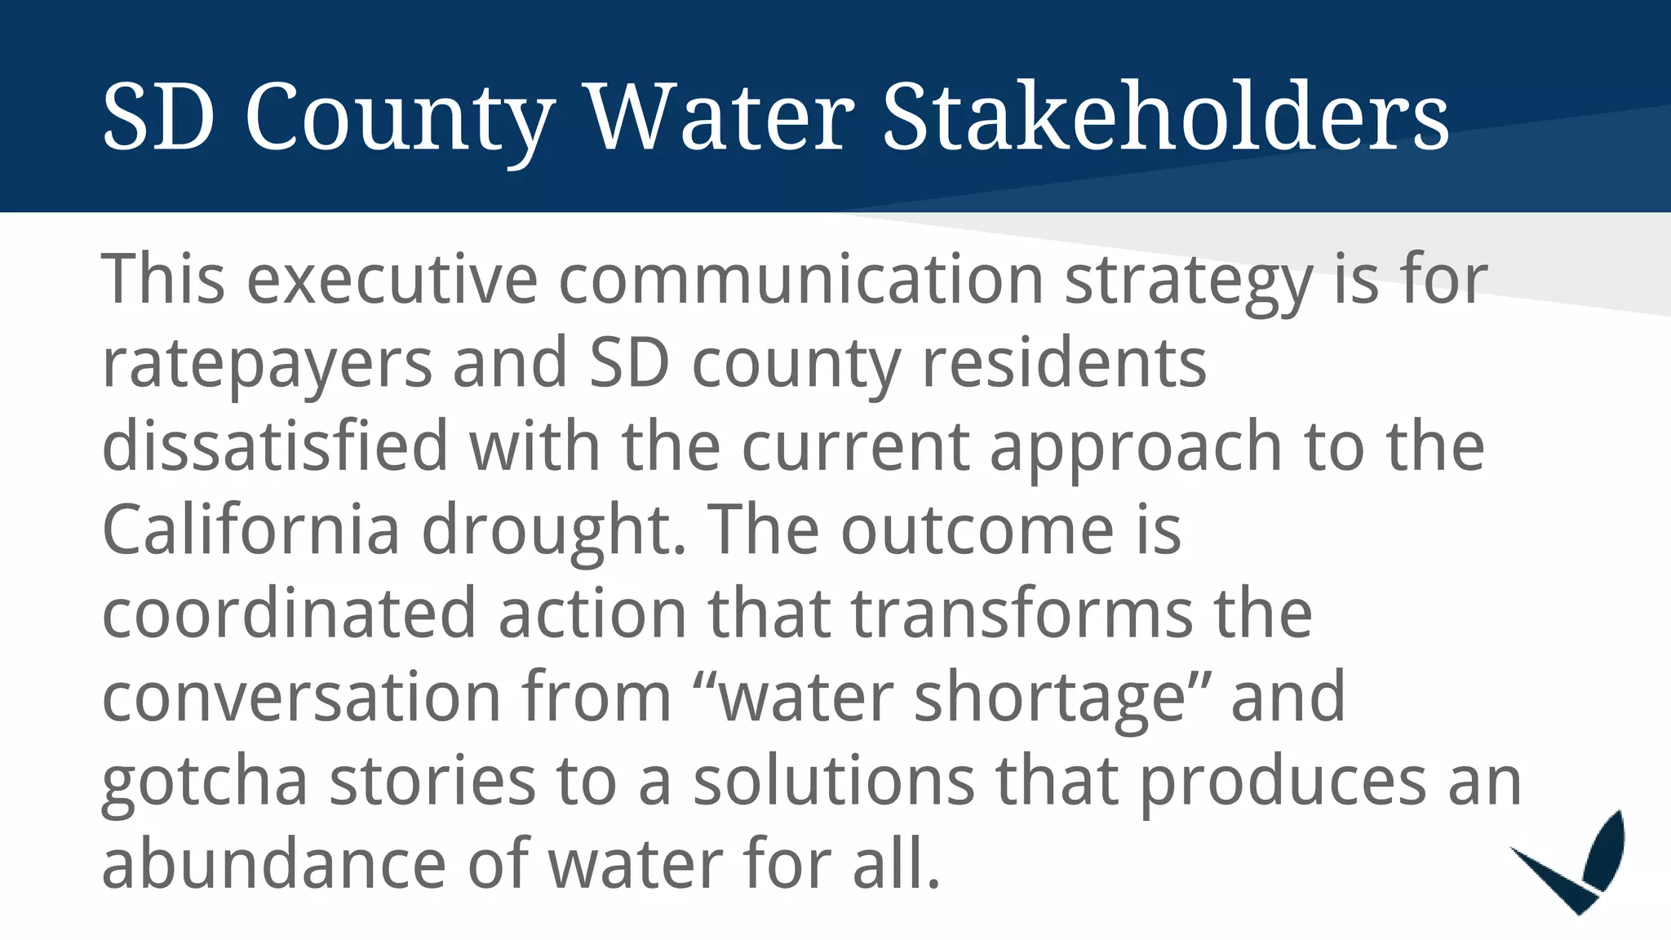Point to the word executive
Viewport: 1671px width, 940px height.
392,279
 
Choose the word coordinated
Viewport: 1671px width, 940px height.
289,613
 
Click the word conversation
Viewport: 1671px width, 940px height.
301,697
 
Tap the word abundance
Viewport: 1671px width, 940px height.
273,863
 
